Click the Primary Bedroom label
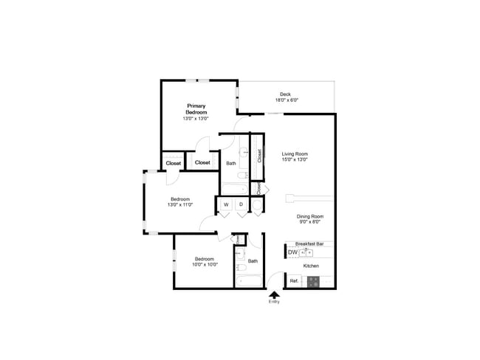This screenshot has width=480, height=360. pyautogui.click(x=196, y=108)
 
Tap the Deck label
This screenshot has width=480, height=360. pyautogui.click(x=286, y=94)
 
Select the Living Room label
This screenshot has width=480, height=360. pyautogui.click(x=295, y=153)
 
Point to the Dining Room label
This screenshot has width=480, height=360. pyautogui.click(x=310, y=216)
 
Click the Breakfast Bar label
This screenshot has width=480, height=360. pyautogui.click(x=309, y=243)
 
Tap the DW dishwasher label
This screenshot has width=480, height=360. pyautogui.click(x=292, y=252)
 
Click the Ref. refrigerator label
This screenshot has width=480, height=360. pyautogui.click(x=293, y=281)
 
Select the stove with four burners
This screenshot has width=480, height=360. pyautogui.click(x=313, y=281)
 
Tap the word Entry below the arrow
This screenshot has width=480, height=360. pyautogui.click(x=275, y=302)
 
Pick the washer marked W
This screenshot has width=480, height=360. pyautogui.click(x=226, y=204)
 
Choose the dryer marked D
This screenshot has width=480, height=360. pyautogui.click(x=241, y=204)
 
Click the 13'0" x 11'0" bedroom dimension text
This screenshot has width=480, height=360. pyautogui.click(x=181, y=204)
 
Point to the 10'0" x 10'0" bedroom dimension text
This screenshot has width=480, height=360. pyautogui.click(x=204, y=264)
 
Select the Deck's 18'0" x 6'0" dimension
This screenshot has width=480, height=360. pyautogui.click(x=286, y=100)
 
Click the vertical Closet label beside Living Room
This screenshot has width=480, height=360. pyautogui.click(x=259, y=156)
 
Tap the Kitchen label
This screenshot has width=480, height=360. pyautogui.click(x=311, y=266)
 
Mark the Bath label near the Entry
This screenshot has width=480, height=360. pyautogui.click(x=253, y=260)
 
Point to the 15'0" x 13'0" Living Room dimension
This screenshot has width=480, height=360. pyautogui.click(x=295, y=159)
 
